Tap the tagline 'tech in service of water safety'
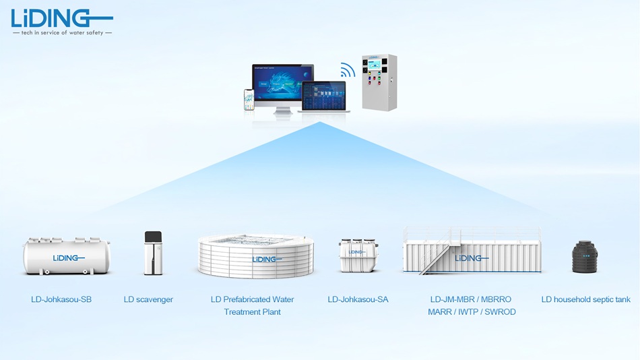coord(62,32)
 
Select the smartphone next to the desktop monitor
coord(249,99)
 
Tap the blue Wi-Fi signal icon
coord(348,69)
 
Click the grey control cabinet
coord(379,82)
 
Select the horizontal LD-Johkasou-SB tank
coord(66,257)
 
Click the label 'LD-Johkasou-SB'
coord(61,299)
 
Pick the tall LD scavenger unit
coord(153,253)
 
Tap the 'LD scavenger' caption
coord(148,299)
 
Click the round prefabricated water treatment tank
coord(255,256)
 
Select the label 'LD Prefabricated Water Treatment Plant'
coord(253,305)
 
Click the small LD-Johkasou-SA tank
coord(358,256)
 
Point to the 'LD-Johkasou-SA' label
coord(358,299)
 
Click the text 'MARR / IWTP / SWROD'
coord(472,311)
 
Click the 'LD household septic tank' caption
coord(585,299)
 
